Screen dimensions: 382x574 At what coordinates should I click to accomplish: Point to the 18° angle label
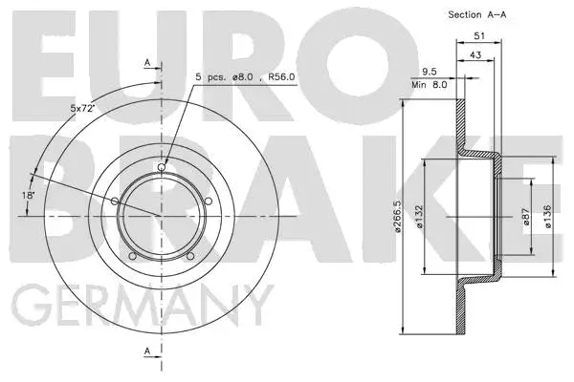click(x=30, y=195)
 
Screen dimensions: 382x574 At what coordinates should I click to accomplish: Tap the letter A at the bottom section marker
click(x=146, y=351)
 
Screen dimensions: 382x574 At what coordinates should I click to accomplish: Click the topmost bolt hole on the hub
click(x=162, y=168)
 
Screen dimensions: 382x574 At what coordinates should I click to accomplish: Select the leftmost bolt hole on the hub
click(x=116, y=201)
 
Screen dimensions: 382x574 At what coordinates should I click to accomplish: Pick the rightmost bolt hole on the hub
click(x=208, y=201)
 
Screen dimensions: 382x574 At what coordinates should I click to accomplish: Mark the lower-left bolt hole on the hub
click(x=133, y=255)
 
